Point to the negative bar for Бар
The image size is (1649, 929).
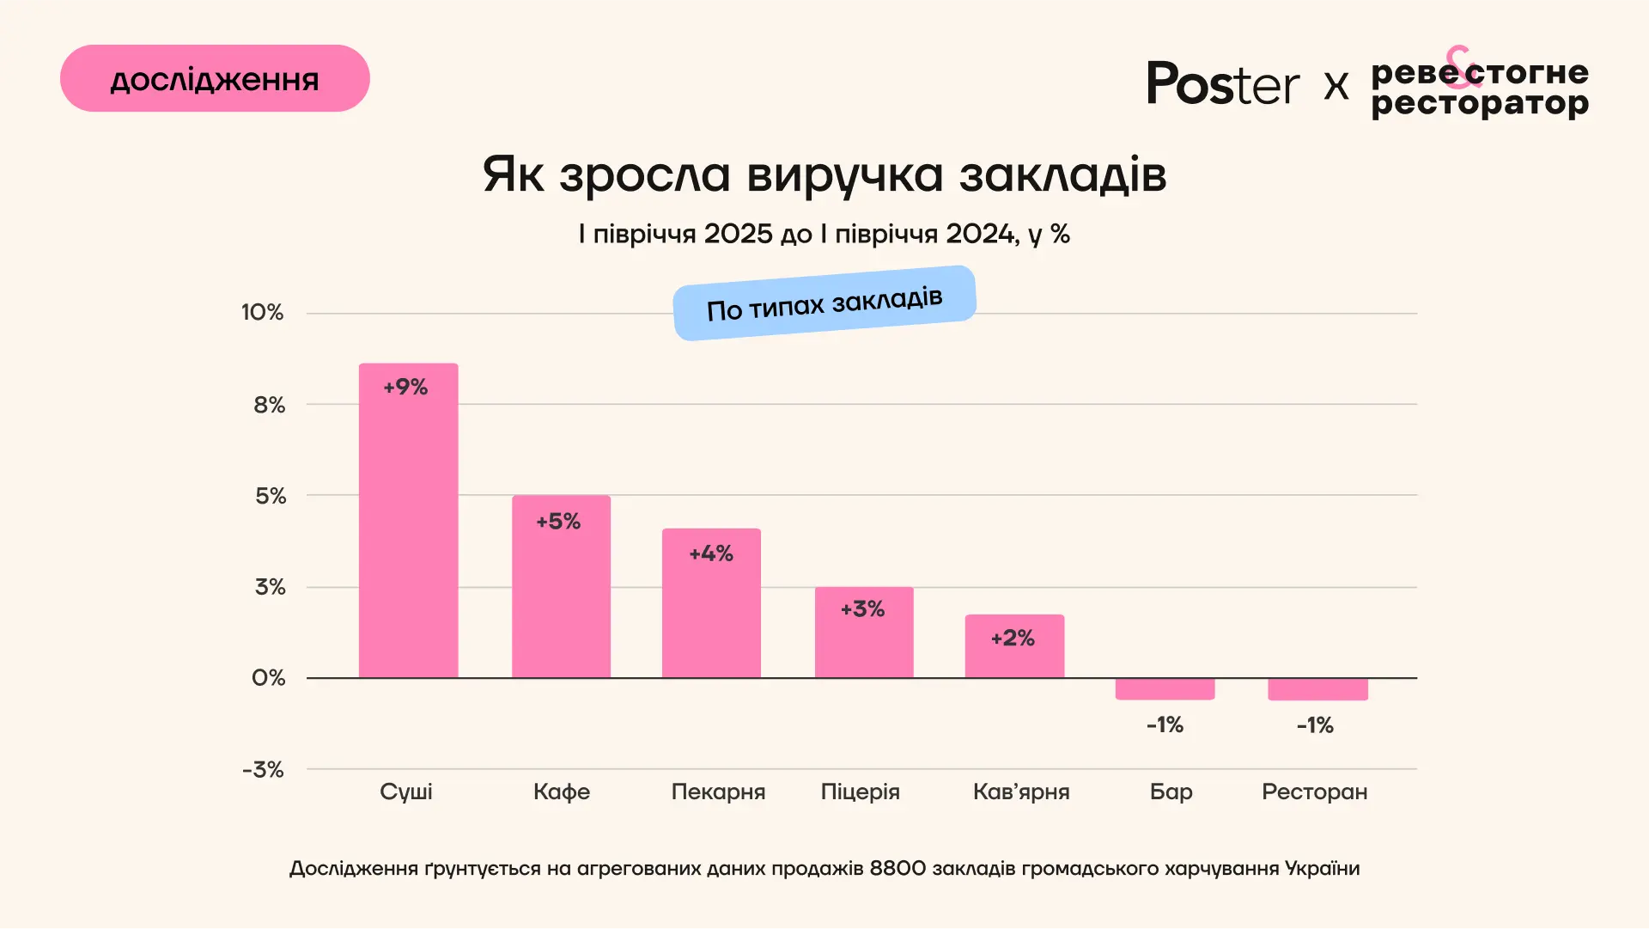(1165, 688)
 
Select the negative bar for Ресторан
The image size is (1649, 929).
(1317, 689)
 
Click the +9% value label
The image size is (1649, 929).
(405, 387)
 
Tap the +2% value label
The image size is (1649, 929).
(1013, 638)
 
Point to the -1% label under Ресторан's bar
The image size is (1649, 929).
(1315, 725)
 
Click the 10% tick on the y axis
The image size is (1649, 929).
(262, 312)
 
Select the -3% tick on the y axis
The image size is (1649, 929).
(263, 769)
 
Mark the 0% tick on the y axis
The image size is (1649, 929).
(268, 678)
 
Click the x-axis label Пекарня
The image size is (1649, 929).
(718, 791)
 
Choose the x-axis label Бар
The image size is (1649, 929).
(1171, 791)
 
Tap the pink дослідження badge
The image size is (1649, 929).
(215, 78)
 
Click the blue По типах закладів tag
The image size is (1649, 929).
(824, 303)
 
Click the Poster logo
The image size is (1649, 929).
(1222, 83)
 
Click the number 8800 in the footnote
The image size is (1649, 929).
(898, 868)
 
